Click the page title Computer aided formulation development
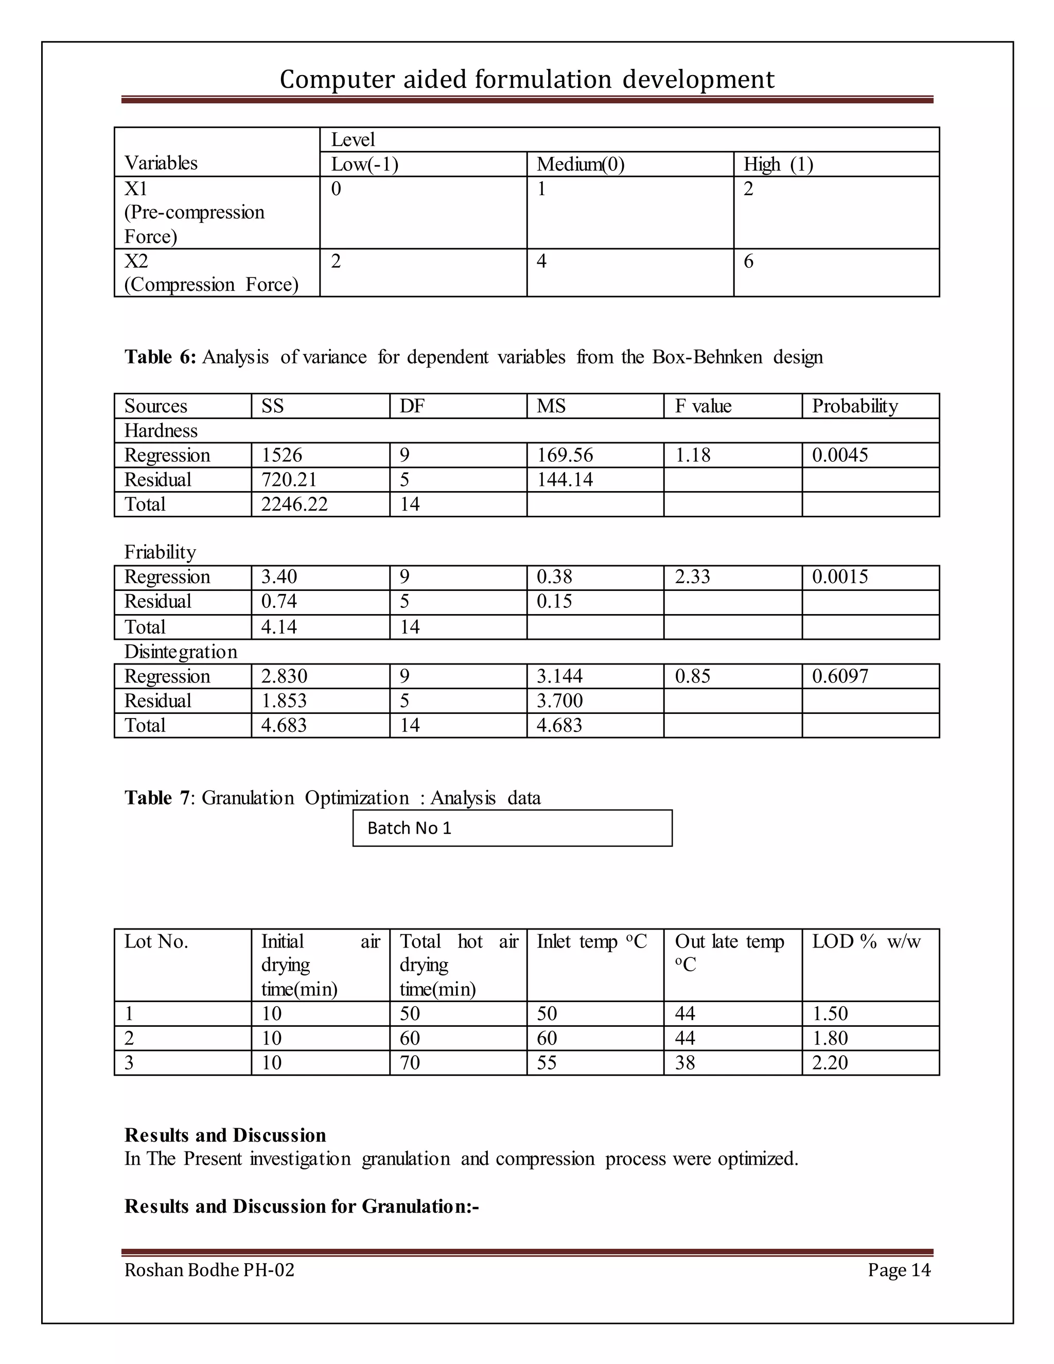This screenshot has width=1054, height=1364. tap(526, 79)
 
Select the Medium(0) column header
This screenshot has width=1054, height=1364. tap(580, 164)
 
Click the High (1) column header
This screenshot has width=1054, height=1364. tap(778, 164)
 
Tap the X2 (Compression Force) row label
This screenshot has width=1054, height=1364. tap(211, 273)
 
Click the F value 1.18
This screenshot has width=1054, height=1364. tap(693, 456)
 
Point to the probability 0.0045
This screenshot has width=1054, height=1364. tap(840, 456)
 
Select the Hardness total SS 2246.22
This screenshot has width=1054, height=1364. tap(294, 504)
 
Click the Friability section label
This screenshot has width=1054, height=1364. tap(160, 552)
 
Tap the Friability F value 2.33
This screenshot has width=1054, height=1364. tap(693, 576)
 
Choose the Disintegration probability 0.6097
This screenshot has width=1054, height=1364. tap(840, 676)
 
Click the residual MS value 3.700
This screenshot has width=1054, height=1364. tap(559, 701)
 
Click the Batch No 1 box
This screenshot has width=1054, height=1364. tap(512, 828)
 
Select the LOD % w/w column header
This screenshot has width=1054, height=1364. tap(866, 942)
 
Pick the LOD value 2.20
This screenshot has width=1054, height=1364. tap(830, 1063)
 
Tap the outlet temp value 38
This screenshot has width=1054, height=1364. tap(685, 1063)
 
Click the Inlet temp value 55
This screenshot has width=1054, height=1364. tap(547, 1063)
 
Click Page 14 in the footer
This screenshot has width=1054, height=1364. tap(899, 1270)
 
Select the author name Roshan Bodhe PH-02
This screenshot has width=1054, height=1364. tap(209, 1270)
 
